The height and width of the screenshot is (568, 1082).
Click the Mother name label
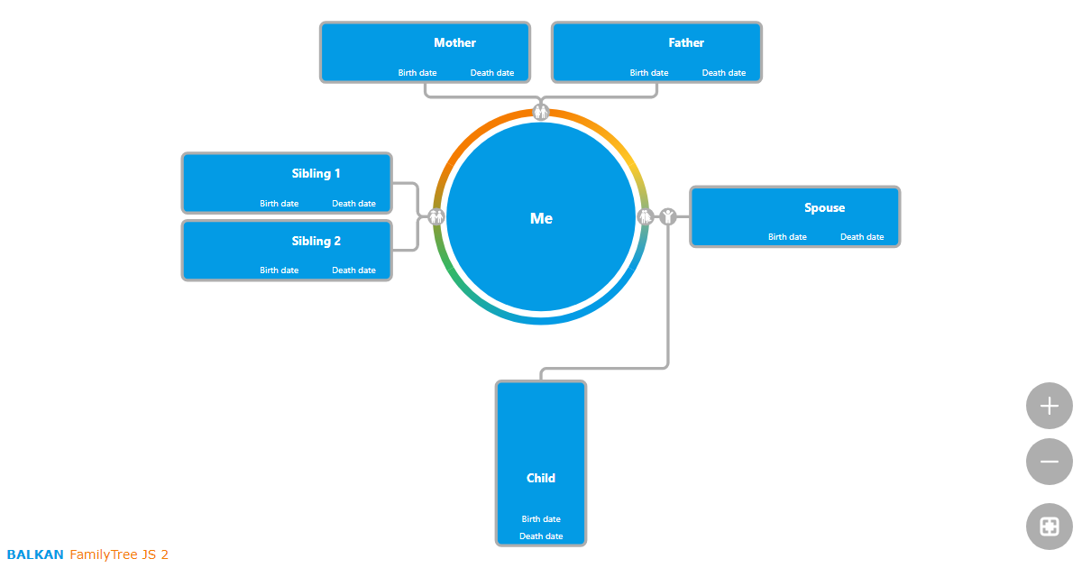pyautogui.click(x=454, y=42)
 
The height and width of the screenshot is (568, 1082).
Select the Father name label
pyautogui.click(x=686, y=42)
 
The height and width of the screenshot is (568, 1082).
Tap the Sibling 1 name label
pyautogui.click(x=316, y=173)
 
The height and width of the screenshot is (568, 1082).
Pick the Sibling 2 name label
pyautogui.click(x=316, y=241)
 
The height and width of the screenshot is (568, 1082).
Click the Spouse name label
pyautogui.click(x=824, y=207)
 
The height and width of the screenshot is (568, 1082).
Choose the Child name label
pyautogui.click(x=541, y=478)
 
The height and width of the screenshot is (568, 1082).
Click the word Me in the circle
pyautogui.click(x=541, y=218)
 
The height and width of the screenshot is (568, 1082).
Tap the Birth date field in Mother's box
pyautogui.click(x=417, y=73)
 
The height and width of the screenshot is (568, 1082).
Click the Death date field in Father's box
pyautogui.click(x=724, y=73)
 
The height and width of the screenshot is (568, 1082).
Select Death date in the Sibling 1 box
pyautogui.click(x=353, y=204)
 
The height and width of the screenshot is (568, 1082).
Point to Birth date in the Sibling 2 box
pyautogui.click(x=280, y=270)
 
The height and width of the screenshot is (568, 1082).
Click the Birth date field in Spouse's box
pyautogui.click(x=787, y=237)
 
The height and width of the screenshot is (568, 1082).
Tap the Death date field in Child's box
pyautogui.click(x=541, y=536)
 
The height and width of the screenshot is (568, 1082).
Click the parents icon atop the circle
pyautogui.click(x=541, y=112)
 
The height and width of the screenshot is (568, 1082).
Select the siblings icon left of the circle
pyautogui.click(x=436, y=216)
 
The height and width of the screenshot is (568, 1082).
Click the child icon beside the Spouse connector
pyautogui.click(x=667, y=216)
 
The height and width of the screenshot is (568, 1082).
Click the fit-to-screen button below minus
pyautogui.click(x=1049, y=527)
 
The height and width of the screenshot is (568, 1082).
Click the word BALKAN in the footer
pyautogui.click(x=35, y=554)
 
